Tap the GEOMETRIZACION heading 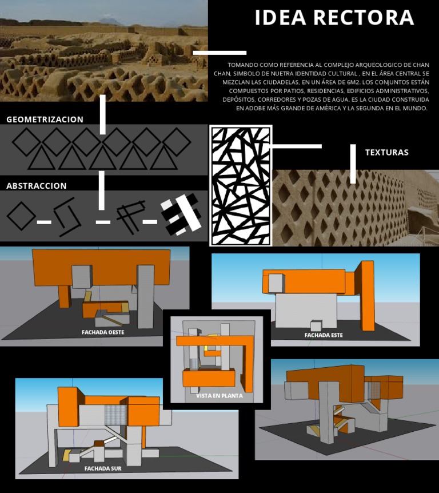(45, 120)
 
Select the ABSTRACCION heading (37, 186)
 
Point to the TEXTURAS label (386, 153)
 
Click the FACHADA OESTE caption (103, 332)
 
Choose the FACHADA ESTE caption (324, 335)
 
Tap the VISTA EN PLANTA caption (219, 395)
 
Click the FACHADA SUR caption (103, 468)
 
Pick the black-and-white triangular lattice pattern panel (241, 185)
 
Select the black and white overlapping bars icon (181, 215)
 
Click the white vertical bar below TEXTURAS (353, 164)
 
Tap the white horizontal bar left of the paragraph (211, 53)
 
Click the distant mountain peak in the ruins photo (109, 21)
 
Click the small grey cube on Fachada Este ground (316, 326)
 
